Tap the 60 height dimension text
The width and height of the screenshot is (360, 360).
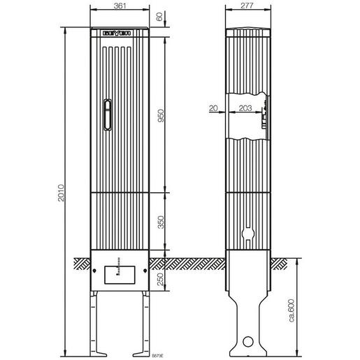(x=160, y=17)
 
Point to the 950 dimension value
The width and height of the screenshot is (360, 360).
(x=160, y=115)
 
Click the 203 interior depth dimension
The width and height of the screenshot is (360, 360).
(x=245, y=109)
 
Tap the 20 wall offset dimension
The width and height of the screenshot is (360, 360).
(x=213, y=109)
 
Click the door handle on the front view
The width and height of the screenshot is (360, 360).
(x=107, y=115)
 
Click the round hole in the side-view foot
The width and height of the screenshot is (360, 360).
(x=248, y=344)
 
